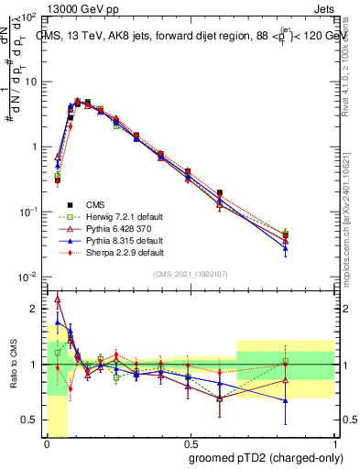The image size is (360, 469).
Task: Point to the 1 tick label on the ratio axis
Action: coord(34,365)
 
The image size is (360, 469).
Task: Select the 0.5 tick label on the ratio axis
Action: coord(30,420)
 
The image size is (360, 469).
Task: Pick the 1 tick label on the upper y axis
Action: coord(34,147)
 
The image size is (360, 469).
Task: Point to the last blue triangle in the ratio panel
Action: coord(286,400)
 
